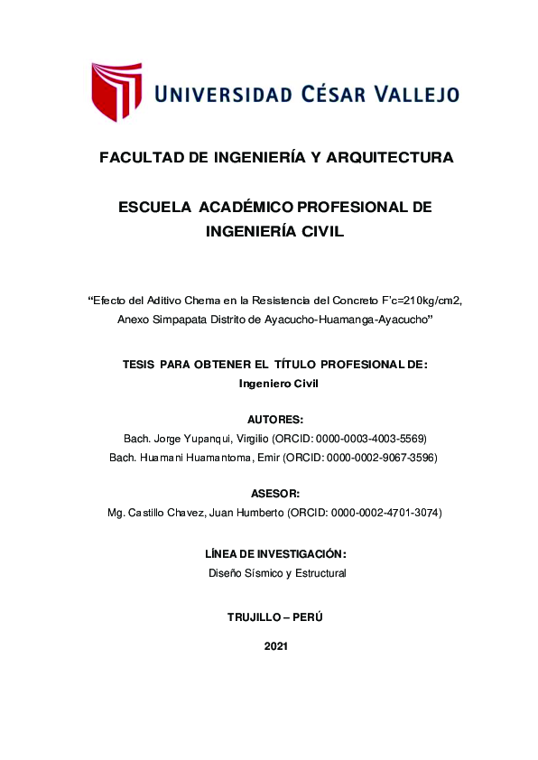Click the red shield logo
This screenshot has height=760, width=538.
click(116, 91)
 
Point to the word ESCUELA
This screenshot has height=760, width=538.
click(154, 208)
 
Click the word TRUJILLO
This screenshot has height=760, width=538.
click(254, 617)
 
